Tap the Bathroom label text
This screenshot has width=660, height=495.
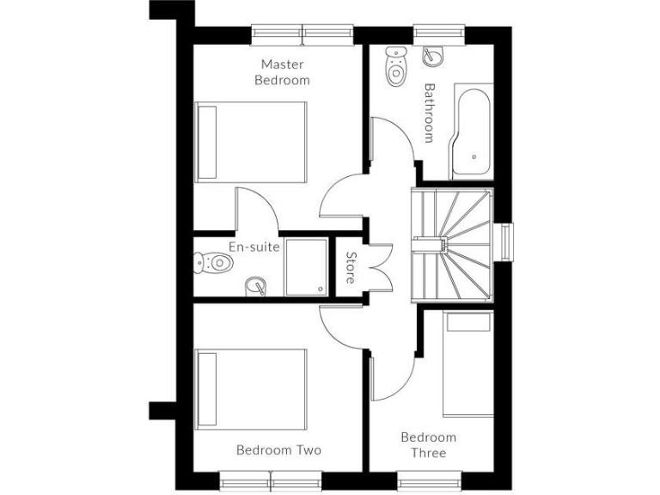[430, 113]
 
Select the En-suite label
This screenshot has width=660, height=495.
[254, 247]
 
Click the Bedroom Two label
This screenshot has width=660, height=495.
[278, 450]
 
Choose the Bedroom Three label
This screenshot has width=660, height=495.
[428, 445]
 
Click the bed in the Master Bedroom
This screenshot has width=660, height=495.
[251, 141]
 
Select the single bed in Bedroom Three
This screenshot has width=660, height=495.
[467, 363]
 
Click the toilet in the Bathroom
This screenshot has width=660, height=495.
[395, 65]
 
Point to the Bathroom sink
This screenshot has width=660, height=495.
[433, 54]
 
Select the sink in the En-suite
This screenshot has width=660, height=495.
[255, 285]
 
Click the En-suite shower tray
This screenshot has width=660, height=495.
[306, 266]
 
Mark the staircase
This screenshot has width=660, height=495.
[453, 244]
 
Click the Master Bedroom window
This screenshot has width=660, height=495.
[302, 34]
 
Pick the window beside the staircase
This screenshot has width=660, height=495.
[507, 243]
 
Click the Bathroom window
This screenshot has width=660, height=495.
[439, 34]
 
